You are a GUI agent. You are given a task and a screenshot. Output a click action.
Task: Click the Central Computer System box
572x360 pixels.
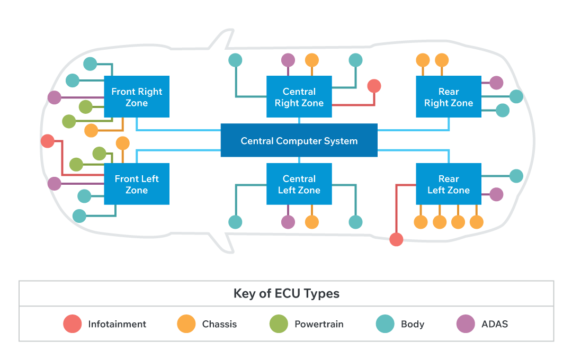point(299,141)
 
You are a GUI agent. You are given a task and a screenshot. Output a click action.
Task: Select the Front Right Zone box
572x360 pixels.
point(137,97)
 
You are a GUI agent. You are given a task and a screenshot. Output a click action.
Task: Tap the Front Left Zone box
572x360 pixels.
point(137,184)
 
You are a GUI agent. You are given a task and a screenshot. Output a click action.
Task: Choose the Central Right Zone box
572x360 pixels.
point(299,97)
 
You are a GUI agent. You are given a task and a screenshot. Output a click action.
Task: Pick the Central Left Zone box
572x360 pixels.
point(299,184)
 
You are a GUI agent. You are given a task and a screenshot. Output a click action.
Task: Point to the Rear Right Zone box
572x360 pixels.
point(448,97)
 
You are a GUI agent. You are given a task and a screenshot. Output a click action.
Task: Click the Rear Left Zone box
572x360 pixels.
point(448,184)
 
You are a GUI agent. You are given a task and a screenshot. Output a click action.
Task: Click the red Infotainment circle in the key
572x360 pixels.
point(73,324)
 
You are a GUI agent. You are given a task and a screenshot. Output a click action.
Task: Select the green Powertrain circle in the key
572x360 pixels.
point(279,324)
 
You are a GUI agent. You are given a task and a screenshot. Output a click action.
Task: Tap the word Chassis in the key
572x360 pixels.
point(219,324)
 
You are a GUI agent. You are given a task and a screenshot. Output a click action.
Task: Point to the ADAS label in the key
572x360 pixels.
point(495,324)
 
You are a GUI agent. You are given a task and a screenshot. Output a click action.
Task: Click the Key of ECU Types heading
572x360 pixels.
point(287,293)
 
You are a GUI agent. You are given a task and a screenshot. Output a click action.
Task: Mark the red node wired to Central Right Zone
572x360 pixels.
point(374,86)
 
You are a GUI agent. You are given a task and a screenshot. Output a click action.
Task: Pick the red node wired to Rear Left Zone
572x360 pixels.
point(396,239)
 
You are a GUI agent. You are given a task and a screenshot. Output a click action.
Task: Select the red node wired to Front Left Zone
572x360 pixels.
point(48,141)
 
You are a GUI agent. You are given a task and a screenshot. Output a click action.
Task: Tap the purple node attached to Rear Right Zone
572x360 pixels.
point(496,83)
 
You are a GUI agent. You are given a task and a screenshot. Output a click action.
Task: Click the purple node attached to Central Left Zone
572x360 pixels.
point(288,222)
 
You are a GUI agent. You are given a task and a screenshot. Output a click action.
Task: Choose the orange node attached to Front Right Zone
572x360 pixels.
point(91,130)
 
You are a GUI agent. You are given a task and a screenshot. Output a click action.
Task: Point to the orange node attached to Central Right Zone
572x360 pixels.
point(312,60)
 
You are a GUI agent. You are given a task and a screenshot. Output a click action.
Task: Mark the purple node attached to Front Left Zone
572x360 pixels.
point(55,184)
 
